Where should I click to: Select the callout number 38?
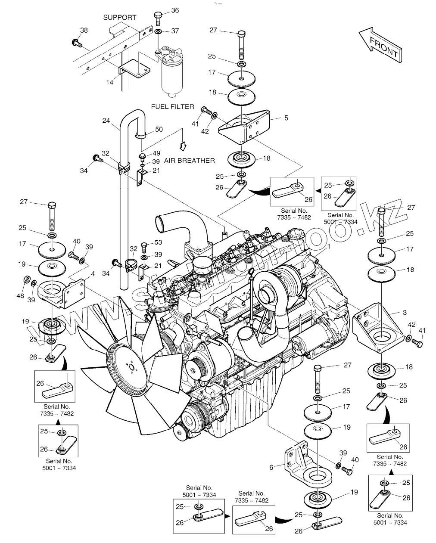click(x=84, y=30)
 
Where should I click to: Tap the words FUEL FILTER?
click(x=172, y=106)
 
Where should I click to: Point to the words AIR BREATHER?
click(x=189, y=160)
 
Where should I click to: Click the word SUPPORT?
click(x=120, y=17)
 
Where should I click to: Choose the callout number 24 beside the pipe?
click(x=106, y=121)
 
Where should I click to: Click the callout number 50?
click(x=159, y=129)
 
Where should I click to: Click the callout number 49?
click(x=156, y=153)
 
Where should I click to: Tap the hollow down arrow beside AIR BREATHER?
click(x=183, y=146)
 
